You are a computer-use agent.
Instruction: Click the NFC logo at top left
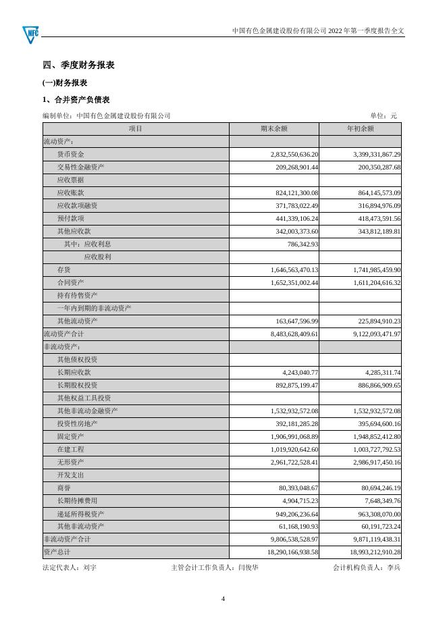30,31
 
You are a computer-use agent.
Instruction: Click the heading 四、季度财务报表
78,65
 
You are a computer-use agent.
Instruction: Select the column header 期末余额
274,128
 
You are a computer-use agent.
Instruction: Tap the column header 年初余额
360,128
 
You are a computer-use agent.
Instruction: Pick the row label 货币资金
71,155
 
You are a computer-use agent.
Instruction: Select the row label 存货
64,269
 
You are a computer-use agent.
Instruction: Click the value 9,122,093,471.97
367,334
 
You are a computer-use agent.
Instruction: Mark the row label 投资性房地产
78,423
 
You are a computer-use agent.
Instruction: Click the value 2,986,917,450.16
367,462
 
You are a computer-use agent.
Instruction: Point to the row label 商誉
64,488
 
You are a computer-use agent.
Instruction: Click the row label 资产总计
56,552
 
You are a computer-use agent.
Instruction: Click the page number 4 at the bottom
223,598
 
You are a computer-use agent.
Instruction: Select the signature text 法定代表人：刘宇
70,568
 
